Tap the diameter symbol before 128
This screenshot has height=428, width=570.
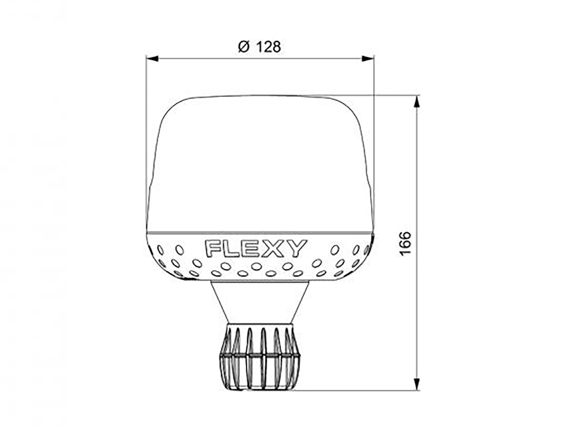pyautogui.click(x=244, y=47)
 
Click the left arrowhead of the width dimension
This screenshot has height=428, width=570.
pyautogui.click(x=152, y=59)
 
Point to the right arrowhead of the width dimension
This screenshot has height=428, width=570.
pyautogui.click(x=368, y=59)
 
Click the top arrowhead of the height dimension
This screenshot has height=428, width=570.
pyautogui.click(x=417, y=101)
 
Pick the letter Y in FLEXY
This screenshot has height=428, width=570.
pyautogui.click(x=296, y=248)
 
